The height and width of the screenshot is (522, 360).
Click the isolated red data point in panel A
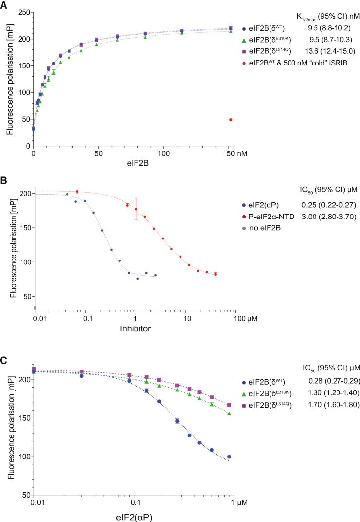tap(231, 120)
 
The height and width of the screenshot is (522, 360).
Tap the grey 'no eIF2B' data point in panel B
tap(35, 308)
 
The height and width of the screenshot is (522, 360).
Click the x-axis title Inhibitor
tap(135, 328)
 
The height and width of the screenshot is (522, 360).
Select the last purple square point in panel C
tap(229, 405)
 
